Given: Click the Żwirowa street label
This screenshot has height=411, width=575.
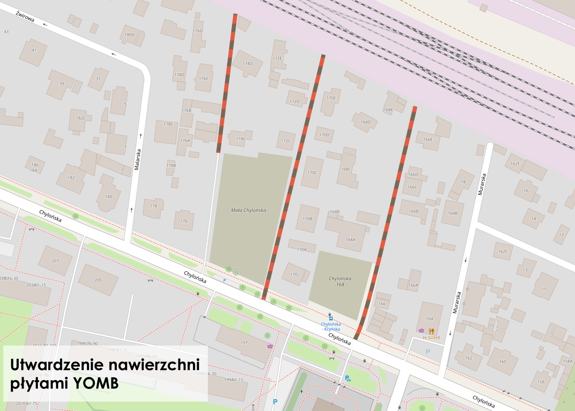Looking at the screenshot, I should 25,17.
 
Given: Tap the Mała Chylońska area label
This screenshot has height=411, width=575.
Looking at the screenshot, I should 249,210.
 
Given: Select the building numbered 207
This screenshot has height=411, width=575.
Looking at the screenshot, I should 55,261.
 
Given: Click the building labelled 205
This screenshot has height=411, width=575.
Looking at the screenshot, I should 98,280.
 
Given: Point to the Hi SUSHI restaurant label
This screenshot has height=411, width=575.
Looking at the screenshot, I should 431,337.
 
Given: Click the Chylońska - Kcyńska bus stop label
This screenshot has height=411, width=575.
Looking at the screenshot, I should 331,326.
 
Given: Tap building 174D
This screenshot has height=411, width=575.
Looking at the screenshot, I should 247,64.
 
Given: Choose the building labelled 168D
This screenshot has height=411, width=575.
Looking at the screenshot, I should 366,122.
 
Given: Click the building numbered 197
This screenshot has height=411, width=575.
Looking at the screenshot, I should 244,343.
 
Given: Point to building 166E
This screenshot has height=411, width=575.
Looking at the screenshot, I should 428,139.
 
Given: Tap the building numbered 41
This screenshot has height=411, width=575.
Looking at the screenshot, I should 34,50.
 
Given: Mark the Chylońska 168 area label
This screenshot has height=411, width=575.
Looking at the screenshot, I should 340,281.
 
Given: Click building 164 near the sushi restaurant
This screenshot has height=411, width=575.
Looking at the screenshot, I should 429,319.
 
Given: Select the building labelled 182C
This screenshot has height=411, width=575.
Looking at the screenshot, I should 81,118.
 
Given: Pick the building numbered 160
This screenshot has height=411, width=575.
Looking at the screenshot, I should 503,361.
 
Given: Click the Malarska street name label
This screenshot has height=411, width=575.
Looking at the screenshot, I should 138,159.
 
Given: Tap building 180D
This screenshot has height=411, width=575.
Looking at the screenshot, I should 130,35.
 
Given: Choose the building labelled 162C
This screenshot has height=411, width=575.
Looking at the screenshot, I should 503,252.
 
